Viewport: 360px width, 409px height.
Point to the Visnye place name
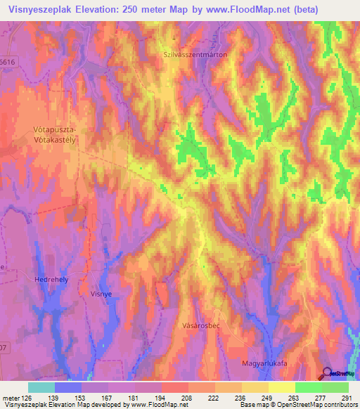point(103,294)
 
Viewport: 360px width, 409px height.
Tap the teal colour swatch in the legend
point(41,387)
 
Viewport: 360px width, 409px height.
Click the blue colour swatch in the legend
point(68,387)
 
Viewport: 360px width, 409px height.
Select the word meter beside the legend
point(9,397)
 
